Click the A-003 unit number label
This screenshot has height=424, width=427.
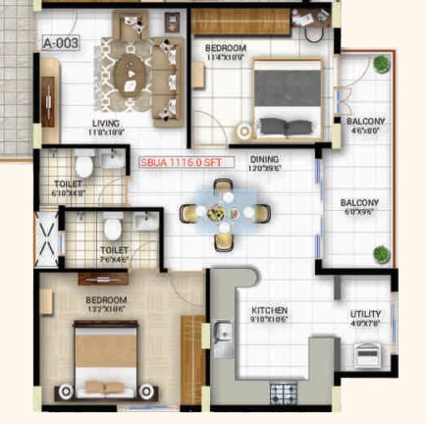click(60, 44)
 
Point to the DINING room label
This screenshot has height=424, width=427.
click(264, 163)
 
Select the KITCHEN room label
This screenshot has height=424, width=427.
click(266, 314)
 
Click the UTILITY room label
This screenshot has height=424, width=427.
click(365, 319)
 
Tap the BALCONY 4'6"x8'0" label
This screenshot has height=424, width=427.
click(365, 126)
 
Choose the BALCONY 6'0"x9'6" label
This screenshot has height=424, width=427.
click(359, 208)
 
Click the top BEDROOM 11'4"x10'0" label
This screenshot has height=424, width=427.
click(226, 50)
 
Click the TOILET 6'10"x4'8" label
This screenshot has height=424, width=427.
click(68, 188)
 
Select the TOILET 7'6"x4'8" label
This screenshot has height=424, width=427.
click(114, 254)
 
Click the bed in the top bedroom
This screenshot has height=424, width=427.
click(287, 98)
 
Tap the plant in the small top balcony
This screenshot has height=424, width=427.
click(382, 64)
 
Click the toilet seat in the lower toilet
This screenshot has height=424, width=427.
click(113, 229)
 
